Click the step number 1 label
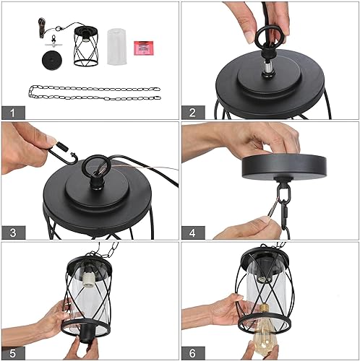(x=12, y=112)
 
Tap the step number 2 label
(x=192, y=112)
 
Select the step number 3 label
(x=12, y=232)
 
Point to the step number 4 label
(x=192, y=232)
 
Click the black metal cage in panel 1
(x=86, y=45)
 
